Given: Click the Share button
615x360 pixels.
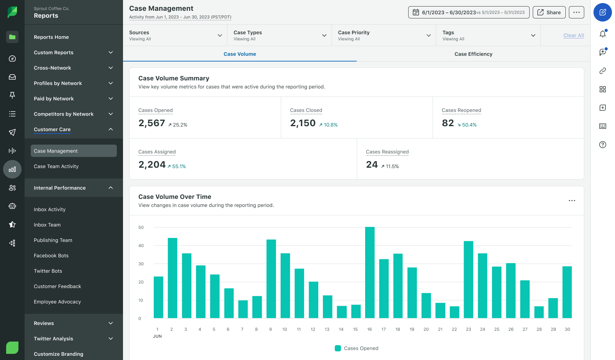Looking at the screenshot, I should (549, 12).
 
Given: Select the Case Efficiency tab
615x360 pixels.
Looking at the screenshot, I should (473, 54).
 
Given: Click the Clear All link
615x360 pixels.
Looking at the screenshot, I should (573, 35).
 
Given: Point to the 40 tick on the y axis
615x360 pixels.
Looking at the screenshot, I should (141, 245).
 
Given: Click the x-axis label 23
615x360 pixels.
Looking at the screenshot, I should (468, 329).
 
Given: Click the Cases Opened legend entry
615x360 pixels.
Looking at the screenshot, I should (357, 348).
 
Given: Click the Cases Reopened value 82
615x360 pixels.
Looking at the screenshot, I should (448, 123).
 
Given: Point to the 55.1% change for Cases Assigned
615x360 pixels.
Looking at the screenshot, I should (179, 167).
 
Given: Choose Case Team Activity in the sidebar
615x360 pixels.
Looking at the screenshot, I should (56, 167).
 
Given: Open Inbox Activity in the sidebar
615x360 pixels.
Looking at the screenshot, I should (50, 210).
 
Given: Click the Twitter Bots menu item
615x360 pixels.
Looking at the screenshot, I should (48, 271).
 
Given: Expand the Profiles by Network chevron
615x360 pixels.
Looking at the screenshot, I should (111, 83).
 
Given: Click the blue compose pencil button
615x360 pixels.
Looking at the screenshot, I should (602, 12).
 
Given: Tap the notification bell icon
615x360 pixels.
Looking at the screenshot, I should (602, 34).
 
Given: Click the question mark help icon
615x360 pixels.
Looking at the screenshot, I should (602, 145).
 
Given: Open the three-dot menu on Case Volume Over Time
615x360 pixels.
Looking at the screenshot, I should (572, 201).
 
